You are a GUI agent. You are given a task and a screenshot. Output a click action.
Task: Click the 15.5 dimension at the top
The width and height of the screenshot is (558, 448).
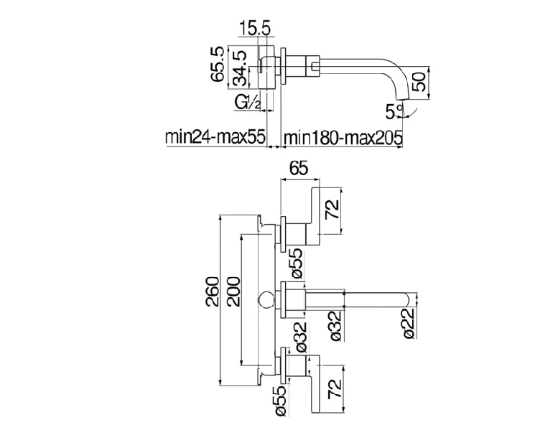click(256, 29)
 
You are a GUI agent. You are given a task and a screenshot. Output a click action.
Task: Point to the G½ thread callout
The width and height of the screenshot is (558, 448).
click(248, 102)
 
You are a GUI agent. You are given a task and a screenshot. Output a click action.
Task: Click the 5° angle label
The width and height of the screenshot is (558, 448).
click(394, 111)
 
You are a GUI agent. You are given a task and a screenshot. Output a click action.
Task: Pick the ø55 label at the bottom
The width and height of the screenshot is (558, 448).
click(282, 401)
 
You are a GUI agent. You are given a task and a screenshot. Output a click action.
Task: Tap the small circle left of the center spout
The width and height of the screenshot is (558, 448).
click(266, 300)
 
